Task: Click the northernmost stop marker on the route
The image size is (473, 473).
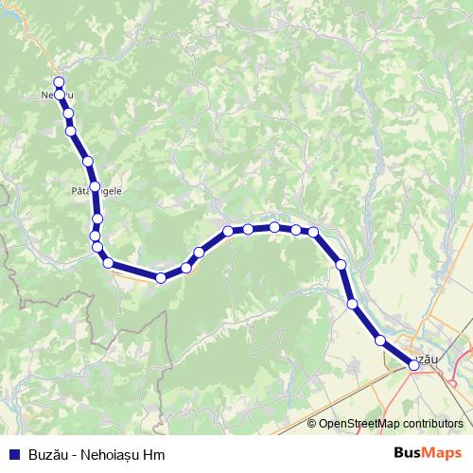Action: [59, 82]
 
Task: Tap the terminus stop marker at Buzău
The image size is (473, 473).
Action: [413, 363]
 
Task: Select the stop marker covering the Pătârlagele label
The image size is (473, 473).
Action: [95, 186]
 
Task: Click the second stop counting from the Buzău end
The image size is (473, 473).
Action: [380, 340]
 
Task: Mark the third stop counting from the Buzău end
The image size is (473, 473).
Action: [353, 304]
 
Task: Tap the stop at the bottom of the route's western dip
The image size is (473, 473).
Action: [161, 277]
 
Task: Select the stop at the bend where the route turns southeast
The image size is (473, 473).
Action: [313, 232]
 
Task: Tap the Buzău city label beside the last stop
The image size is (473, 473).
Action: [429, 359]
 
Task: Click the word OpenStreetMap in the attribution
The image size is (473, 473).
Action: [359, 424]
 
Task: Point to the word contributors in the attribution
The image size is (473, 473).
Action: [431, 424]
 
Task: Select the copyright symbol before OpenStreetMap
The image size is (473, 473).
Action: [312, 424]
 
